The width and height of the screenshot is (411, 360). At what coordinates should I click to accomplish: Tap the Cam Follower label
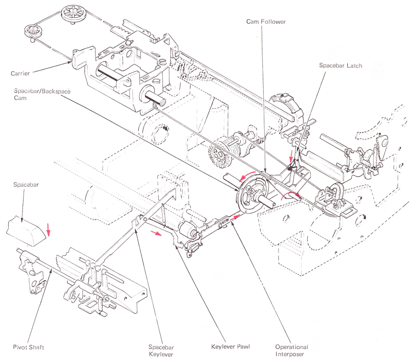(x=266, y=22)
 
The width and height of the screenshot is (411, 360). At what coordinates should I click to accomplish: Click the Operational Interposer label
(x=292, y=350)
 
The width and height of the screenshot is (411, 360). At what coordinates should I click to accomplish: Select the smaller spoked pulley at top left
(x=33, y=32)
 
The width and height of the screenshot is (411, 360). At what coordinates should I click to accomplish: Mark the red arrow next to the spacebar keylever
(x=155, y=233)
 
